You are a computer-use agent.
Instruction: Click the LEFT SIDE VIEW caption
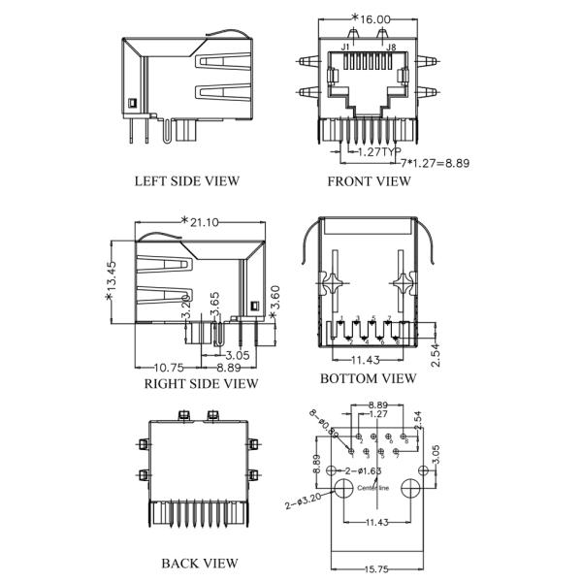[187, 180]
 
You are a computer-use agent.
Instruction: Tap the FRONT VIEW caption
[369, 180]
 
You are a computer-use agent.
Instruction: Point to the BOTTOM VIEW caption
[368, 378]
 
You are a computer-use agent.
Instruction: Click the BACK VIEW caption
[199, 563]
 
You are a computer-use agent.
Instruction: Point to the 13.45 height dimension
[113, 280]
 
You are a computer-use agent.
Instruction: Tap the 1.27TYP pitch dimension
[379, 152]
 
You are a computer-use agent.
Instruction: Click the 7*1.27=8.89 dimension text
[434, 163]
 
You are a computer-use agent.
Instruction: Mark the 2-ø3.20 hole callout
[304, 505]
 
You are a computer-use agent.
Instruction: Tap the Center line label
[372, 488]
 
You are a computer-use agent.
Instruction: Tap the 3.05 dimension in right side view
[237, 355]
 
